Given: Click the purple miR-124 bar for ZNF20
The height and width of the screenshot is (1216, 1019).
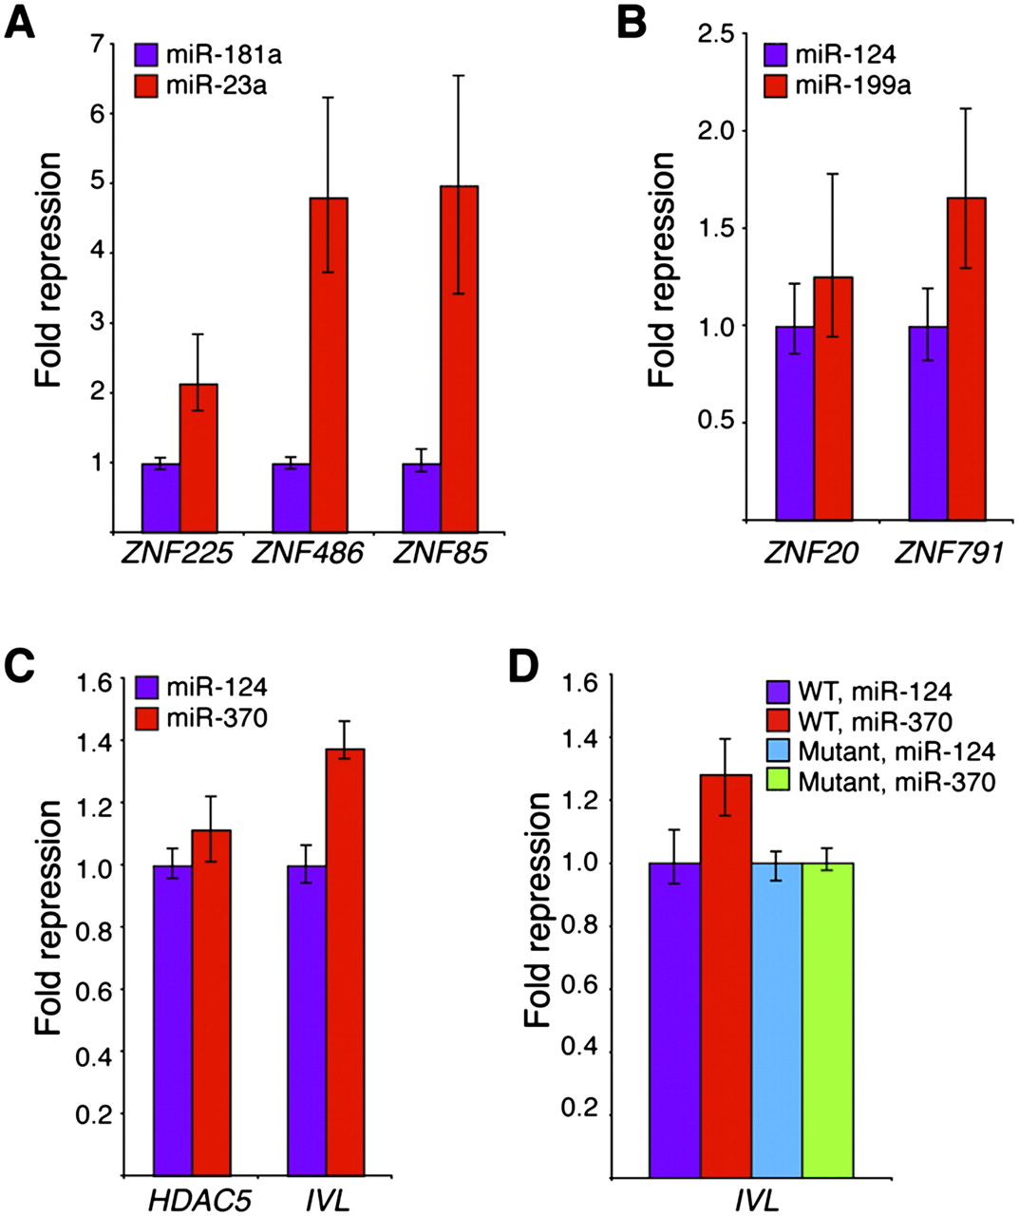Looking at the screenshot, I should [795, 423].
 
